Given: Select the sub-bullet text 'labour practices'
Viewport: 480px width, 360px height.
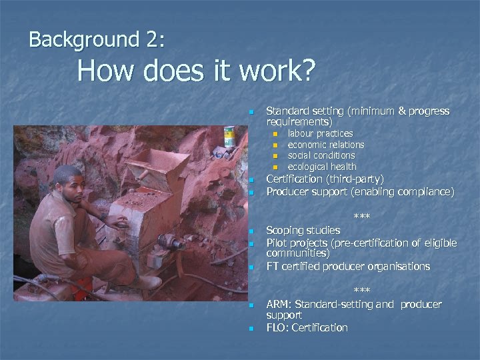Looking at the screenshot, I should pos(320,134).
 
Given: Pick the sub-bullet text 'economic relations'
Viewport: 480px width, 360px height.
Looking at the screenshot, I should pos(325,145).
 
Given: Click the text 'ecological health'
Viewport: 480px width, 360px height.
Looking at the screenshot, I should pos(321,167).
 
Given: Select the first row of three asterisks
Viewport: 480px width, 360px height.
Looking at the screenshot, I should pos(361,217).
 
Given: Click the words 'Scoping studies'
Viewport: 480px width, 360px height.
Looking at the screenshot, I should pos(303,231).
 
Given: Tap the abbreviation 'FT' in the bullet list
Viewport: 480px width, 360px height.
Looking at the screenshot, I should pos(273,267).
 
